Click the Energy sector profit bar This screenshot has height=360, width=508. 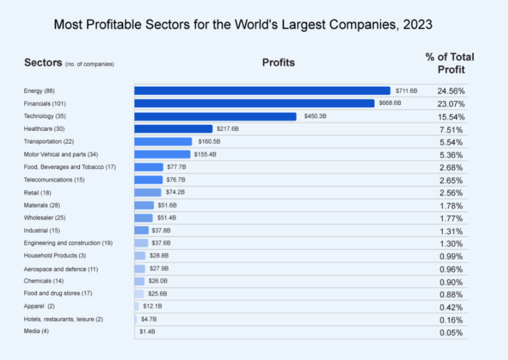[x=262, y=91]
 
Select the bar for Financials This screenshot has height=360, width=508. [x=254, y=103]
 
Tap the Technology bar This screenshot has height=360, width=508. [x=215, y=116]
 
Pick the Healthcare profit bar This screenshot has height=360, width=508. [x=173, y=129]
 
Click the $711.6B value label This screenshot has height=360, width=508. [x=406, y=91]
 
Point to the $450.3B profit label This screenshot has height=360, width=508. [x=315, y=116]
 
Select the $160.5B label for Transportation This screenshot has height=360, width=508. [x=209, y=142]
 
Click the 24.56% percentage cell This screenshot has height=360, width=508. [x=450, y=91]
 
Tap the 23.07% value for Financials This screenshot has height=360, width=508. [x=450, y=104]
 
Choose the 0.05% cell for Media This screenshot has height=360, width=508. [x=450, y=333]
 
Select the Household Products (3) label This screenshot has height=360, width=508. [x=55, y=256]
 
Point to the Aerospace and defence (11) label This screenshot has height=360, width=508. [x=61, y=268]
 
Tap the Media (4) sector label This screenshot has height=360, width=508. [x=37, y=332]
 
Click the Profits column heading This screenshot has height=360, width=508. [x=278, y=63]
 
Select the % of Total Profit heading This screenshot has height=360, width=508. [x=450, y=63]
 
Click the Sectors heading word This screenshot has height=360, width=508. [x=43, y=63]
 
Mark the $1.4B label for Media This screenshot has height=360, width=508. [x=148, y=332]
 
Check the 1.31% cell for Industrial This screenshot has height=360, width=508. [x=450, y=231]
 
